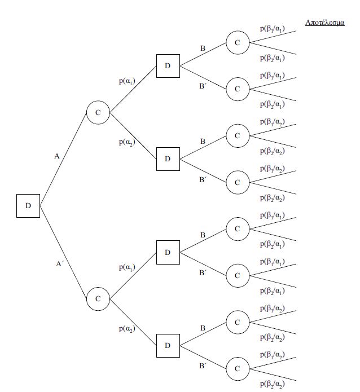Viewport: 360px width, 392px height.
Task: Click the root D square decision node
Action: coord(28,205)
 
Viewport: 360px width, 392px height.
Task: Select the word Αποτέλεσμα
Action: coord(325,24)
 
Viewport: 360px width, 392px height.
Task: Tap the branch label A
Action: coord(57,156)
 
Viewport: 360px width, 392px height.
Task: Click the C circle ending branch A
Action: coord(98,112)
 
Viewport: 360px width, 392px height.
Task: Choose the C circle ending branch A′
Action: coord(98,298)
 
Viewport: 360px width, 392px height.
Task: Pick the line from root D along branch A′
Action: coord(64,252)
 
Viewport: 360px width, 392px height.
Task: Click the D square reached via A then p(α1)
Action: coord(168,66)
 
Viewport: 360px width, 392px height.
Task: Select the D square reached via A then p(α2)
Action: coord(168,158)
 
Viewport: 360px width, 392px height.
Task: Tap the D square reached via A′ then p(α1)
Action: coord(168,252)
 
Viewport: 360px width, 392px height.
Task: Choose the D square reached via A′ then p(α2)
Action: coord(168,345)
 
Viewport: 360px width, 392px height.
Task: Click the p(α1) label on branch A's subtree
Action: coord(126,82)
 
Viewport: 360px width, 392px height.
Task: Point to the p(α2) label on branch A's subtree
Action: coord(127,142)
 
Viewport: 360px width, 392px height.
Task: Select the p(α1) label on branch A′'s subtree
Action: coord(126,267)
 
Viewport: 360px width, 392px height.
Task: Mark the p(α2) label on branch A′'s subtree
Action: coord(127,328)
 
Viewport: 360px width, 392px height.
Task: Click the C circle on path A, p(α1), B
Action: coord(237,42)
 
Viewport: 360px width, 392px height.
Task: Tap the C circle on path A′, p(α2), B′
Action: coord(237,368)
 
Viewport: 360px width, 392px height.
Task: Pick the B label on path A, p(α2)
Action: coord(203,141)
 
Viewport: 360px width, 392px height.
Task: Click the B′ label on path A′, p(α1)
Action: coord(203,273)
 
